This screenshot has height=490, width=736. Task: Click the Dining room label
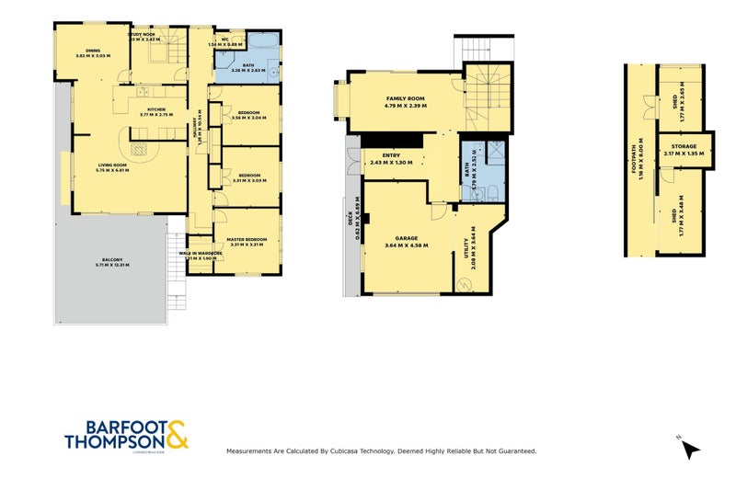tap(92, 51)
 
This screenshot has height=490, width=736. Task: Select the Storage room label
tap(684, 147)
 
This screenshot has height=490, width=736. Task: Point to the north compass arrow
tap(691, 450)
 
